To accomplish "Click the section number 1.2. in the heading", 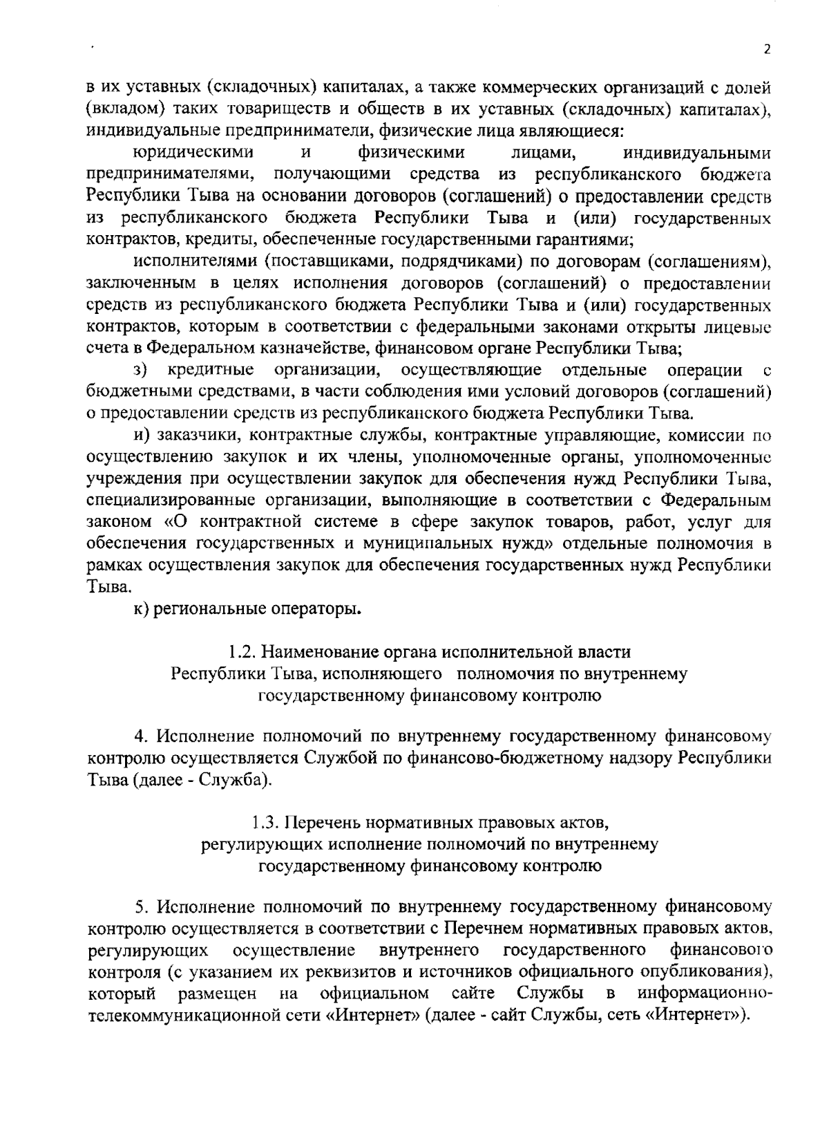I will click(243, 652).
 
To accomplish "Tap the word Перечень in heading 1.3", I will click(325, 823).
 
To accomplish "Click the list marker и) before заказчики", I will click(142, 435).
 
